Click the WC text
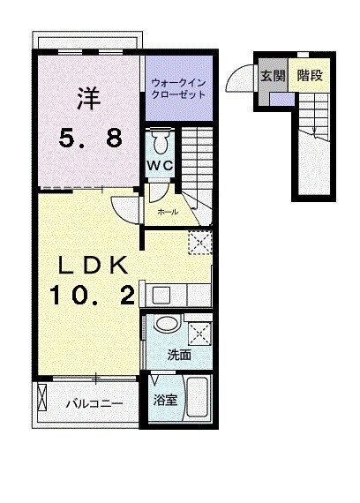[159, 164]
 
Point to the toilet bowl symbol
[160, 141]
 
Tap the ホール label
[167, 212]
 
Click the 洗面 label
[179, 356]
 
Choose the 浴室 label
[166, 400]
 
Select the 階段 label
[309, 76]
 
